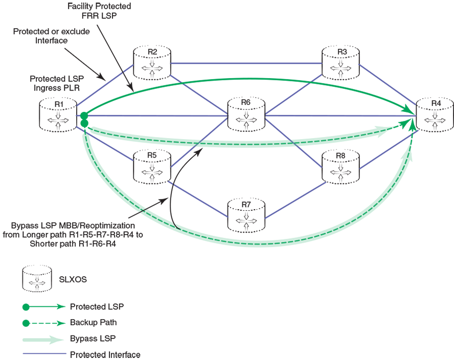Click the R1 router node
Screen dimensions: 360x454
pos(58,115)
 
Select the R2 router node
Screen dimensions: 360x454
pos(151,64)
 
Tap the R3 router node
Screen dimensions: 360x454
pos(340,62)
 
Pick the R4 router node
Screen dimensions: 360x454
pos(435,115)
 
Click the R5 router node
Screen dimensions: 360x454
pos(151,164)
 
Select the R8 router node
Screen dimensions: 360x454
pos(340,165)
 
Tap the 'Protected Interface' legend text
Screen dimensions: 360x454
pos(105,354)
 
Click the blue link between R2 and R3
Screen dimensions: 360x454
pos(246,63)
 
